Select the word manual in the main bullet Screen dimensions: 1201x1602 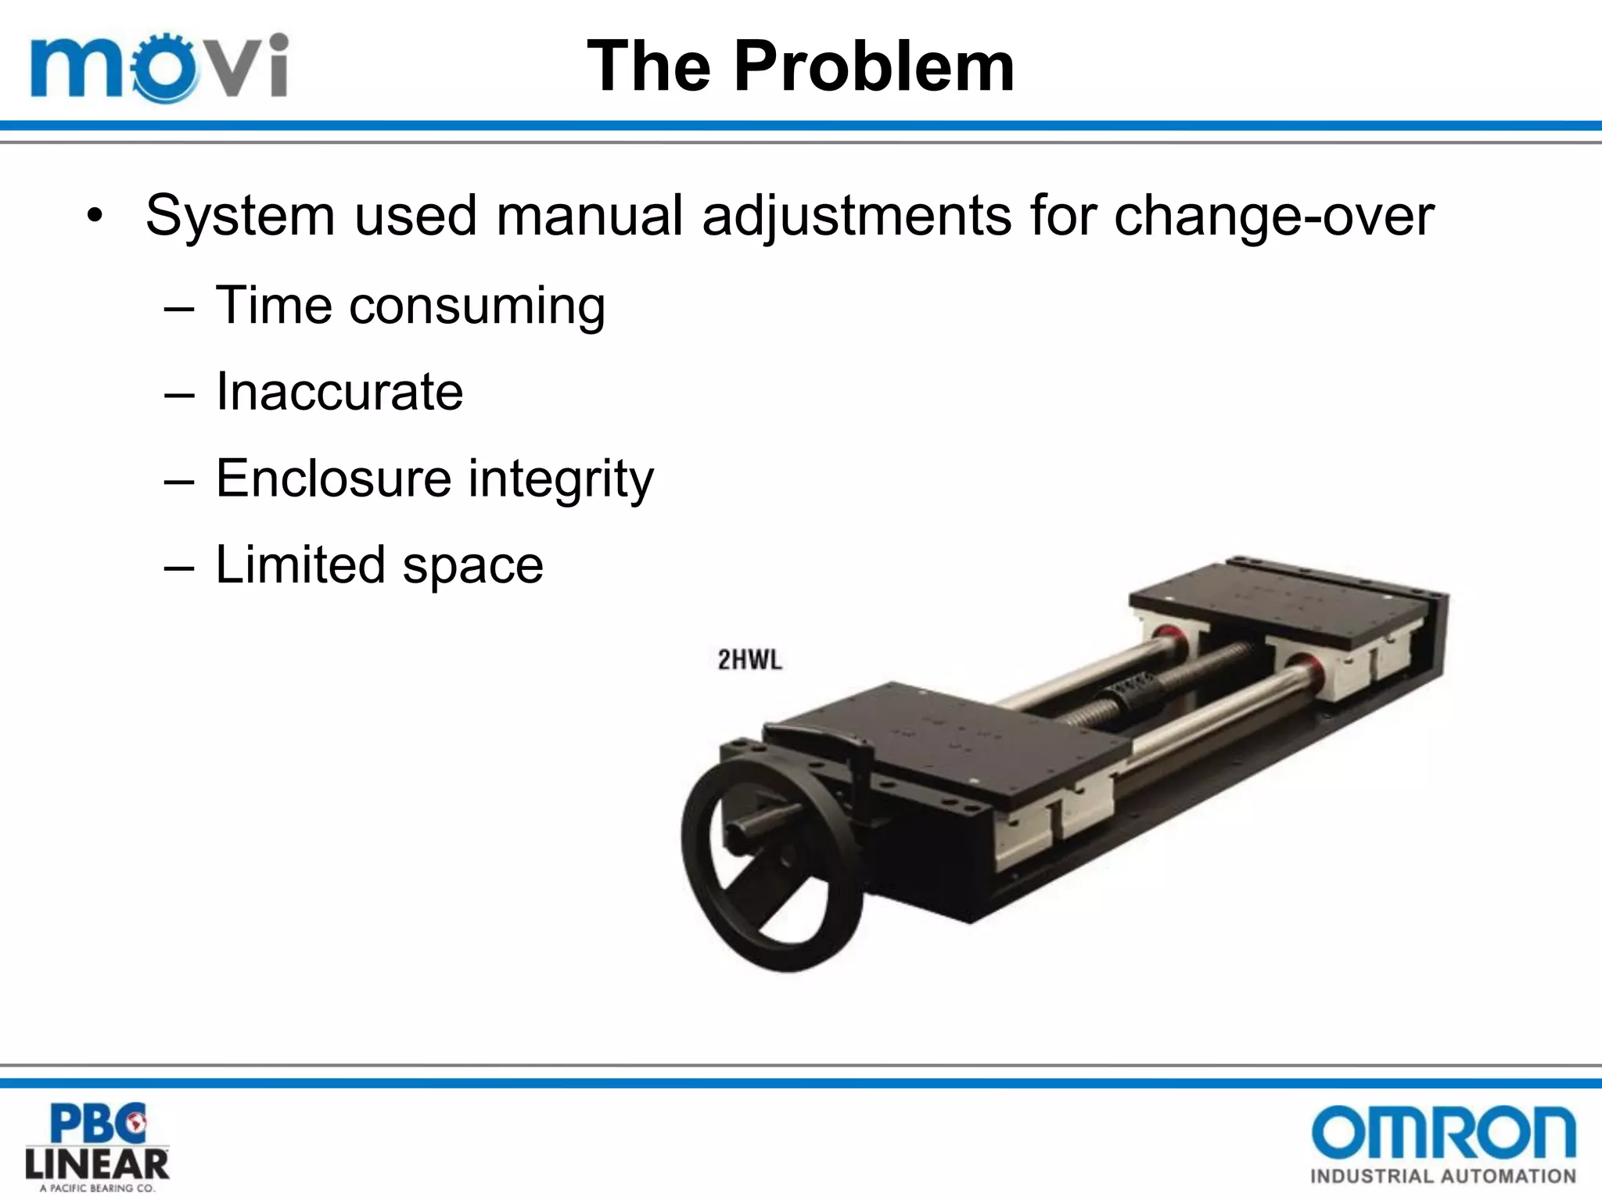click(x=590, y=215)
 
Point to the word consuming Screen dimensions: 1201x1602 click(x=477, y=306)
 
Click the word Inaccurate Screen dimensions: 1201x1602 click(x=339, y=392)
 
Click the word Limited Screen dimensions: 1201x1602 click(x=300, y=565)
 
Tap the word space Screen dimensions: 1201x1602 click(x=472, y=566)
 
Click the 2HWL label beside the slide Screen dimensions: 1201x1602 click(x=749, y=660)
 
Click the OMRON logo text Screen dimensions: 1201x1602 click(x=1442, y=1132)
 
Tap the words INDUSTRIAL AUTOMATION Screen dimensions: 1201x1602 click(x=1442, y=1176)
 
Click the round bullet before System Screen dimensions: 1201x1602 click(x=95, y=217)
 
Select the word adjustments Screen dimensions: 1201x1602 click(x=857, y=217)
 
